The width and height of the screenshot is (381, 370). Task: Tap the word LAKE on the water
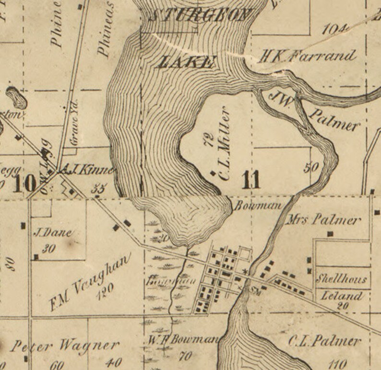tap(186, 61)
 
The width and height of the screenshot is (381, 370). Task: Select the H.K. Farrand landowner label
tap(307, 56)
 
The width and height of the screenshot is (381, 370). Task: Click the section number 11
tap(251, 180)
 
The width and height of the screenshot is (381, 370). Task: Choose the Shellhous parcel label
tap(342, 278)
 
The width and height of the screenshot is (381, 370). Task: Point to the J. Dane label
tap(52, 233)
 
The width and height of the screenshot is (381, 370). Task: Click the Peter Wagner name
tap(65, 345)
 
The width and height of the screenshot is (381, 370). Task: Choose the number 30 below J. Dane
tap(48, 248)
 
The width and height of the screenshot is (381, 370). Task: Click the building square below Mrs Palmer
tap(330, 234)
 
